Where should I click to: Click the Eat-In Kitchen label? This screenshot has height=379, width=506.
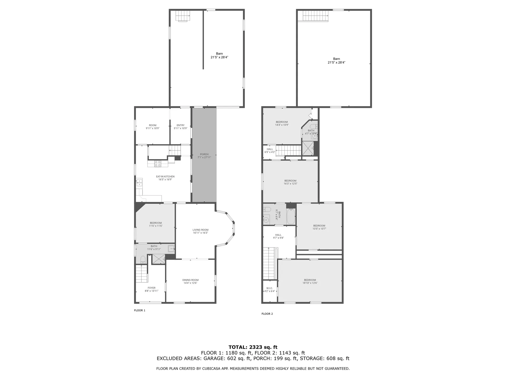pos(165,177)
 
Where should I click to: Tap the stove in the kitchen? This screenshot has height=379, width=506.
pos(158,164)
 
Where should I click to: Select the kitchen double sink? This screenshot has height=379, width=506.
pos(139,183)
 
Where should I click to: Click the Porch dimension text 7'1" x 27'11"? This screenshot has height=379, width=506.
pos(204,157)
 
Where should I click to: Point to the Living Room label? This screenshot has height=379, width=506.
pos(200,230)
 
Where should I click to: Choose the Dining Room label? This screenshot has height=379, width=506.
pos(190,280)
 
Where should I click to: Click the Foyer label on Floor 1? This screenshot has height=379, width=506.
pos(152,288)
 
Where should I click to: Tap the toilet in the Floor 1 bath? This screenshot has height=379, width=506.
pos(143,260)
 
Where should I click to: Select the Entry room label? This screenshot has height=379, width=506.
pos(181,125)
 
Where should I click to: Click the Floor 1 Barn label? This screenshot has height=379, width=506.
pos(219,54)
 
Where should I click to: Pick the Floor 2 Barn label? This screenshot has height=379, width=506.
pos(336,59)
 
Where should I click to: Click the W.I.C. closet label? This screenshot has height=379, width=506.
pos(269,288)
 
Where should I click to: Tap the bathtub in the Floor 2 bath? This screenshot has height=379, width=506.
pos(291,216)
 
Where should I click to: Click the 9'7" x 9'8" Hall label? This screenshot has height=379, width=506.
pos(278,235)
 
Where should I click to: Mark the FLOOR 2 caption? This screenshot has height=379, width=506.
pos(267,314)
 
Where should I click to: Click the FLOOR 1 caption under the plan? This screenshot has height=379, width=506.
pos(140,310)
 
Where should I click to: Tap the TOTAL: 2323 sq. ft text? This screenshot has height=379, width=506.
pos(253,347)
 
